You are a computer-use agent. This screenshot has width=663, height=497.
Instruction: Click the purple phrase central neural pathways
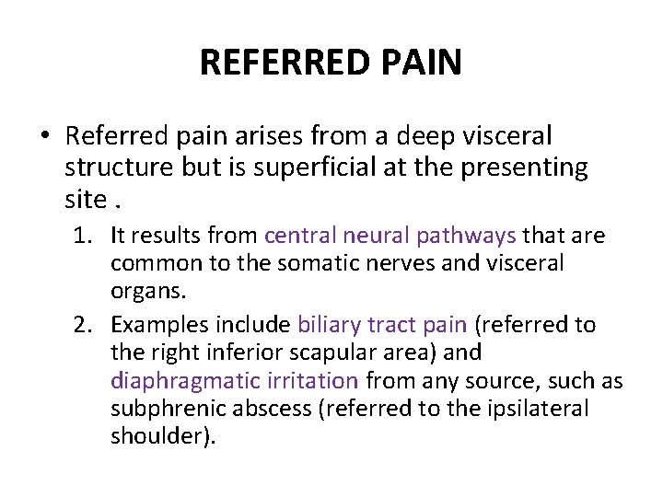point(390,236)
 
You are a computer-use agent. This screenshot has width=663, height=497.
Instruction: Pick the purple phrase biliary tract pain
point(382,325)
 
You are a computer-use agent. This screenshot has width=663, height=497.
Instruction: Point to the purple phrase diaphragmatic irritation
point(234,380)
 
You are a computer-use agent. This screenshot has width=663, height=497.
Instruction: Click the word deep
point(425,137)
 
